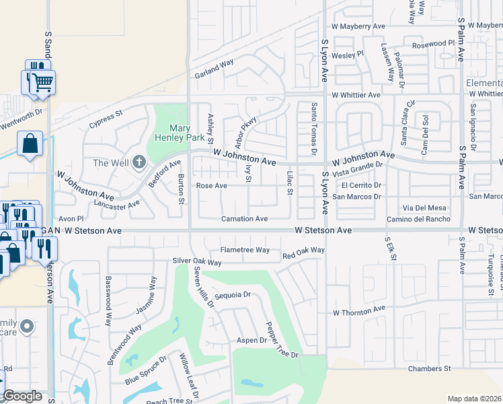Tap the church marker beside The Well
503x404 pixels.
click(x=139, y=162)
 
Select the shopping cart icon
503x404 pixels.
click(x=44, y=83)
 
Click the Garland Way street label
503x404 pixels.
click(x=214, y=67)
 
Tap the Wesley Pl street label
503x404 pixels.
click(x=348, y=54)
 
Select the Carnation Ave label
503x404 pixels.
click(x=245, y=219)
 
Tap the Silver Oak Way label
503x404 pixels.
click(x=197, y=261)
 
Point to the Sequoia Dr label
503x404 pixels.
click(x=232, y=295)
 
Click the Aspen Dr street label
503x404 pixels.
click(x=251, y=341)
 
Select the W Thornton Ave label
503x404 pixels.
click(x=358, y=312)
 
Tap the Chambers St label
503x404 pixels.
click(x=428, y=369)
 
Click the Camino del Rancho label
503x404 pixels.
click(x=418, y=220)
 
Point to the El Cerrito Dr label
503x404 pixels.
click(x=361, y=185)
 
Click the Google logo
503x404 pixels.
click(x=22, y=397)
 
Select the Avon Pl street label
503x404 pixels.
click(x=71, y=219)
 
